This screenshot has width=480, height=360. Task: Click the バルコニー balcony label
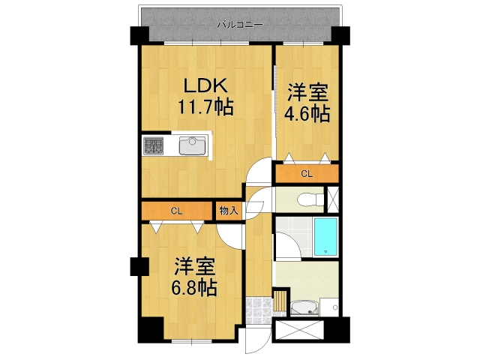tap(240, 25)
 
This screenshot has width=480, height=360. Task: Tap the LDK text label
tap(196, 85)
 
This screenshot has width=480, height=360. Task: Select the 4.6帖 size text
tap(307, 113)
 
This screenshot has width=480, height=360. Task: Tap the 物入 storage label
tap(228, 211)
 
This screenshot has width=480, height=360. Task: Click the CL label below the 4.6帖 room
tap(307, 174)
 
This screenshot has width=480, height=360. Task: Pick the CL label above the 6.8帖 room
tap(176, 211)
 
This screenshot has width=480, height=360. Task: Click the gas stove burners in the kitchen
tap(154, 145)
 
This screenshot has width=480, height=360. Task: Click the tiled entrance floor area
tap(258, 307)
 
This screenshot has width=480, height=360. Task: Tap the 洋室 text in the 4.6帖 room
tap(307, 93)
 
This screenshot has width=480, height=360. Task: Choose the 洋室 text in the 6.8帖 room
tap(196, 265)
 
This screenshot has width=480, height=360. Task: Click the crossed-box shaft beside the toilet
tap(334, 199)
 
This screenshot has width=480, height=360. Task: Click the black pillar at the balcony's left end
tap(140, 35)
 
